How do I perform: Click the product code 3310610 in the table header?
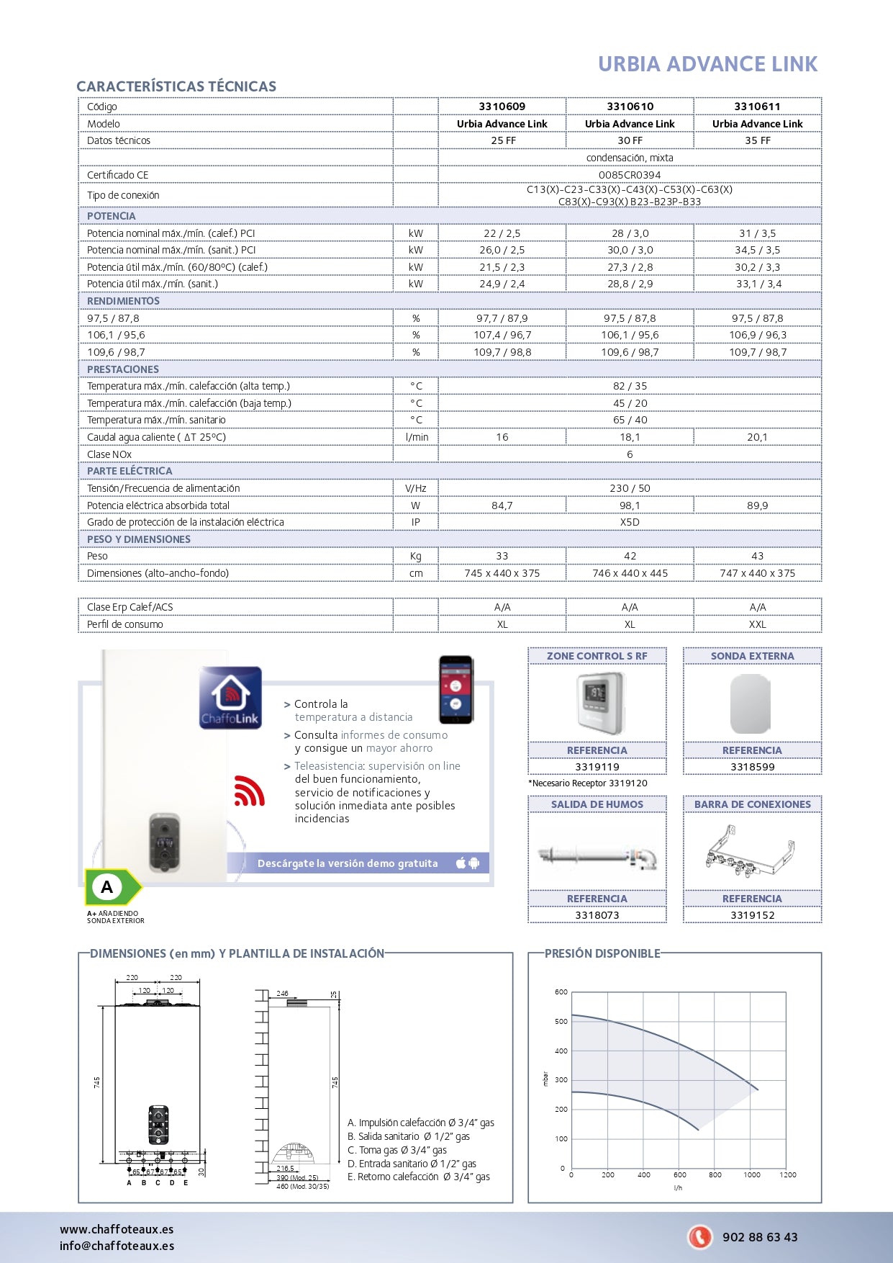point(630,107)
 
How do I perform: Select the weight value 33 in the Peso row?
point(502,556)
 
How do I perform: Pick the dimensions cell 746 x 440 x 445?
point(630,573)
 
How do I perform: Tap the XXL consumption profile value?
point(757,624)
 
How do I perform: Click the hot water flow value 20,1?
point(757,437)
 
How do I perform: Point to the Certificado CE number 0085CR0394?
point(630,175)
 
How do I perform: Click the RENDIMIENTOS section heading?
point(123,301)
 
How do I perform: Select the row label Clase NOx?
point(109,454)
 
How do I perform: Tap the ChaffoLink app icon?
point(230,697)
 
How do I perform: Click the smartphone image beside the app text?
point(456,689)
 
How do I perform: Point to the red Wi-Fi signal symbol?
point(249,791)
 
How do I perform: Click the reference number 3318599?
point(752,767)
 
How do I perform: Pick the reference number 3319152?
point(752,915)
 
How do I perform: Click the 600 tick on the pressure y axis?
point(561,992)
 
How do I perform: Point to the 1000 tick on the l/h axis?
point(751,1174)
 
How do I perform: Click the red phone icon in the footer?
point(699,1236)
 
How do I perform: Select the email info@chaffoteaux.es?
point(117,1246)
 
